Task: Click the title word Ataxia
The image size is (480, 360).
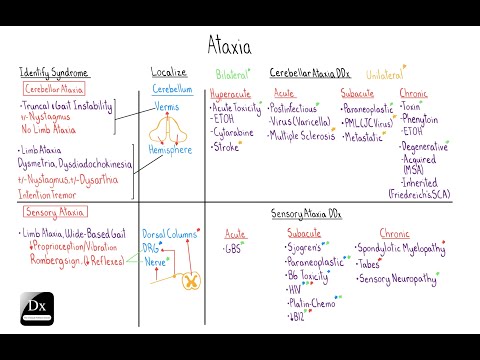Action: [240, 43]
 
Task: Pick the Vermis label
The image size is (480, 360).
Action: [167, 105]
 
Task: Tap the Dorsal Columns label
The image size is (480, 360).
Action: [170, 232]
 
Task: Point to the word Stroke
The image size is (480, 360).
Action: [227, 146]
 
